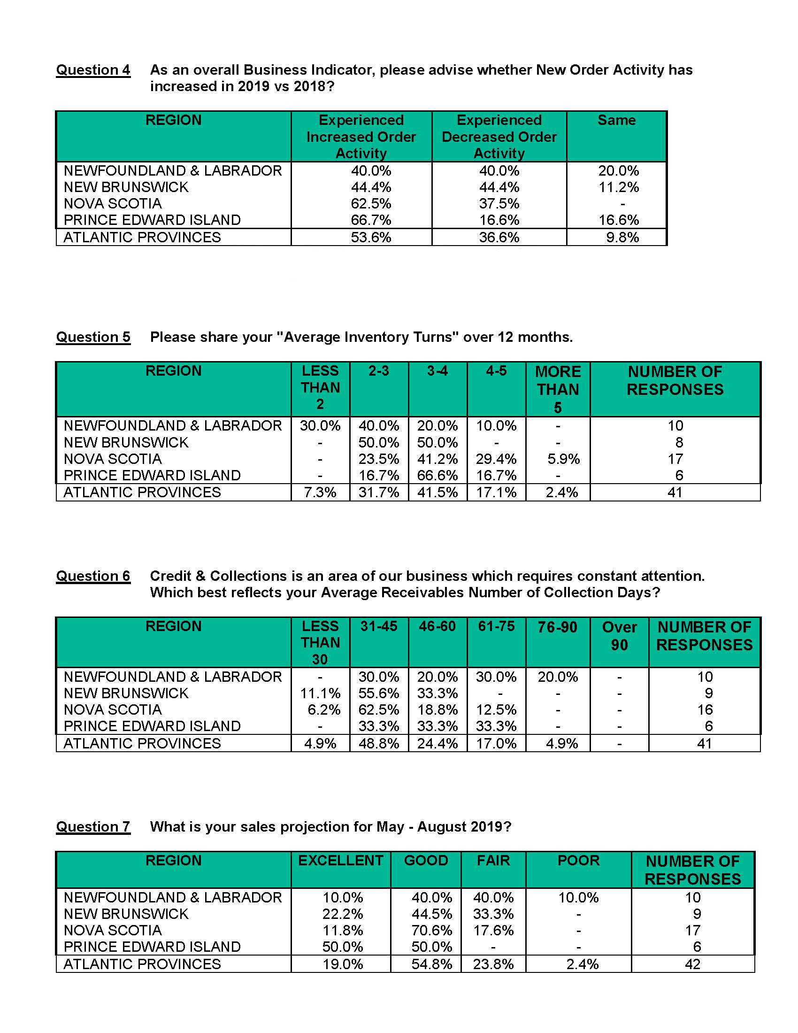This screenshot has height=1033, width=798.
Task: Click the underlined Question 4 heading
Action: [93, 70]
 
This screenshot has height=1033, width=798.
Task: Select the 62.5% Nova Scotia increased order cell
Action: [371, 204]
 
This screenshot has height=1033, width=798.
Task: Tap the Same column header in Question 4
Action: [616, 120]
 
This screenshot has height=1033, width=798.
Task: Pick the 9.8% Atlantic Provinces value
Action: [622, 238]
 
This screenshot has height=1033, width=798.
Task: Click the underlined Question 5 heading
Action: [93, 337]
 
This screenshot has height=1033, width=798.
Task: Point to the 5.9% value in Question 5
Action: [563, 459]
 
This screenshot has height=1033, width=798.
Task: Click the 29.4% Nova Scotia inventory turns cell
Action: [496, 459]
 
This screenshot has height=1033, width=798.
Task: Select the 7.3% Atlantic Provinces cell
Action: [320, 493]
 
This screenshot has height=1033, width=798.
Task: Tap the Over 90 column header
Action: [619, 636]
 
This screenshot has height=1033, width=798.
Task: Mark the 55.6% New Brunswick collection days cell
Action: [379, 694]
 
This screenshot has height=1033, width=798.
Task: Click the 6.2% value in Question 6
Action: [323, 710]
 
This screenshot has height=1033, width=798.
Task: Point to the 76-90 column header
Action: [557, 628]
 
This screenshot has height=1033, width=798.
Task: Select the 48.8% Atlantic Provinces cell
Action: [379, 744]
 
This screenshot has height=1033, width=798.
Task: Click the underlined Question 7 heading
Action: [93, 827]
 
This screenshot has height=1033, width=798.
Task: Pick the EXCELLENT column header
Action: [340, 860]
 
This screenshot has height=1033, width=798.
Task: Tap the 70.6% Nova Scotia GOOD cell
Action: [431, 931]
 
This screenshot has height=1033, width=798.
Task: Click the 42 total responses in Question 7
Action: [692, 964]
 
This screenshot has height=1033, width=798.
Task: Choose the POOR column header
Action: [578, 860]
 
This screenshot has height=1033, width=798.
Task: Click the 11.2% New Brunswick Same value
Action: [618, 187]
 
